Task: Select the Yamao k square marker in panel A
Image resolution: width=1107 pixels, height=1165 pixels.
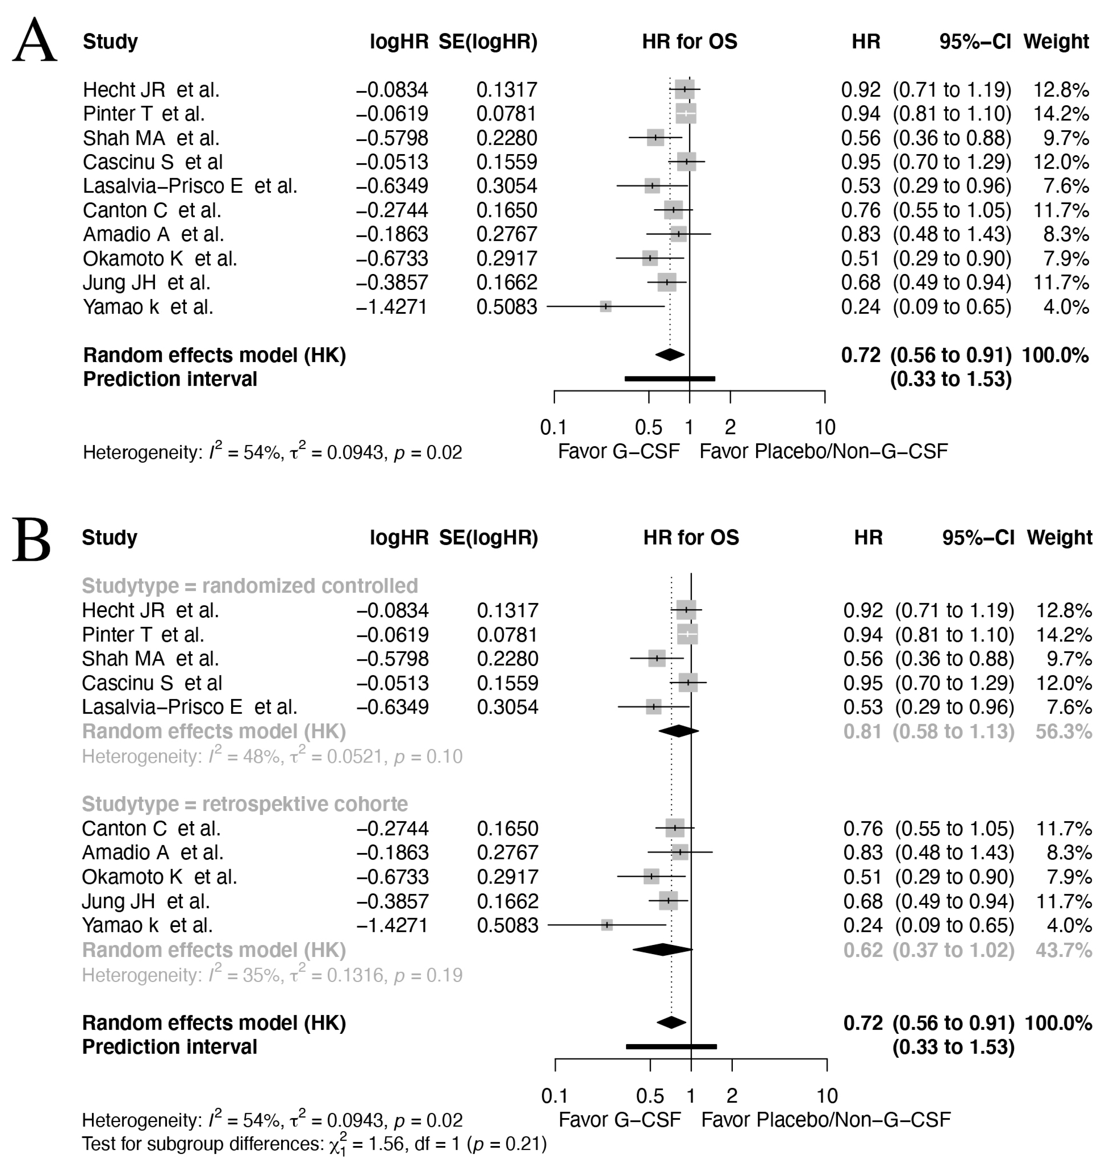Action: click(605, 306)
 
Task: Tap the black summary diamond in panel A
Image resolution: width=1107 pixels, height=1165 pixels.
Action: click(670, 355)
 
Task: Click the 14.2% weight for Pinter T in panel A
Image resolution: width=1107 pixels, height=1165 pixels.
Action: click(1060, 114)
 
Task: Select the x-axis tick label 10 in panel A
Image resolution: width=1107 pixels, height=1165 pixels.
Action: click(824, 427)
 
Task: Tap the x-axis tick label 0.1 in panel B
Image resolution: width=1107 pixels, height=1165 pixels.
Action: click(554, 1096)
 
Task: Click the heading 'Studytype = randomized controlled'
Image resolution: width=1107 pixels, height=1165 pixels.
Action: click(249, 586)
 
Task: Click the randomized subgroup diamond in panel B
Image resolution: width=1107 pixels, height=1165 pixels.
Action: click(679, 731)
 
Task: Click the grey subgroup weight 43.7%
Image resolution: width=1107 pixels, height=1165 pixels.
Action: click(1063, 950)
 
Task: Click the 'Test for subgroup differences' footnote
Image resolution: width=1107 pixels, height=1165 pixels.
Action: click(314, 1144)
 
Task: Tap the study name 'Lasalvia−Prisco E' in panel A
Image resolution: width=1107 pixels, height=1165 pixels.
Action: click(163, 186)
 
